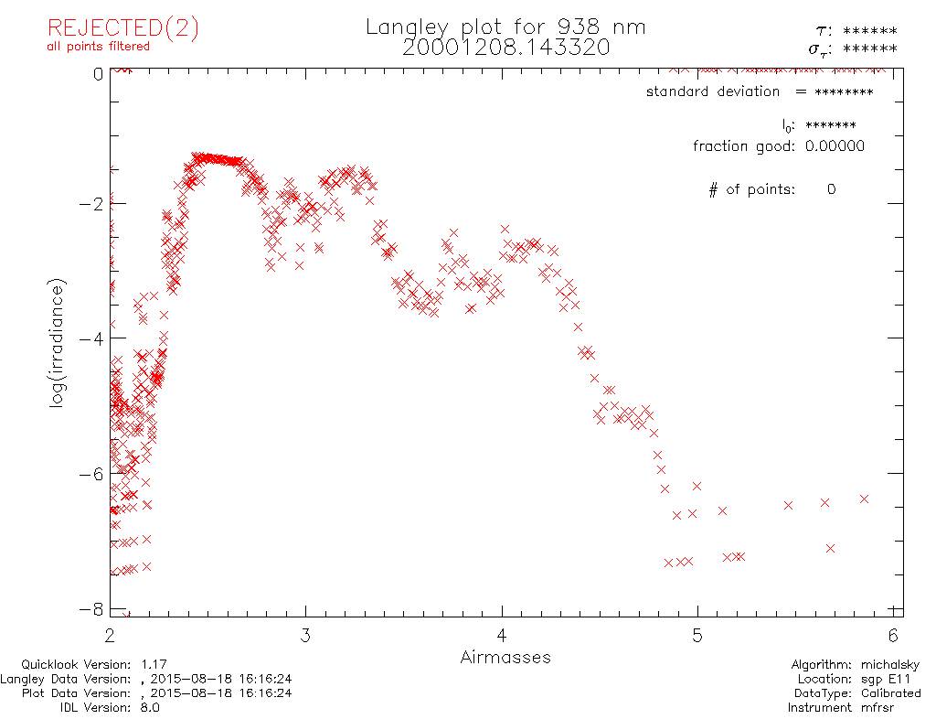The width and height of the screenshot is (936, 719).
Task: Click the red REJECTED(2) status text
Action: click(x=122, y=28)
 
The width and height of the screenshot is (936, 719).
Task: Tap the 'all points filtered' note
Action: click(x=98, y=47)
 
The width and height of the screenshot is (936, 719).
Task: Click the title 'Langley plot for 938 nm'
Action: click(x=505, y=27)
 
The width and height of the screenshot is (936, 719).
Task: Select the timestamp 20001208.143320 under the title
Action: click(x=505, y=48)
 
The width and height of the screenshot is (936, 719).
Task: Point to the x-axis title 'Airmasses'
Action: click(x=505, y=657)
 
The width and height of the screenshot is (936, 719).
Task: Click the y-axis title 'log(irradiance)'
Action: click(x=58, y=344)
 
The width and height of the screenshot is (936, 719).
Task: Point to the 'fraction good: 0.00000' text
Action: click(x=778, y=146)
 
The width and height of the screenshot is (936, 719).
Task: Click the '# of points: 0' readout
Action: click(x=772, y=190)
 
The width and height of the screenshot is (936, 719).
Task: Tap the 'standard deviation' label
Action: click(x=713, y=91)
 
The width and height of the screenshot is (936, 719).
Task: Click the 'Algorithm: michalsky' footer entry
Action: click(x=856, y=665)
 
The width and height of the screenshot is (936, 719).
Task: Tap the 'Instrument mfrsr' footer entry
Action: click(x=854, y=707)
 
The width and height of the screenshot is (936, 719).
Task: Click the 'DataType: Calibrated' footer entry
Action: click(x=855, y=693)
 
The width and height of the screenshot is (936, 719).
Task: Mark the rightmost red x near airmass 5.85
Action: click(x=864, y=499)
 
